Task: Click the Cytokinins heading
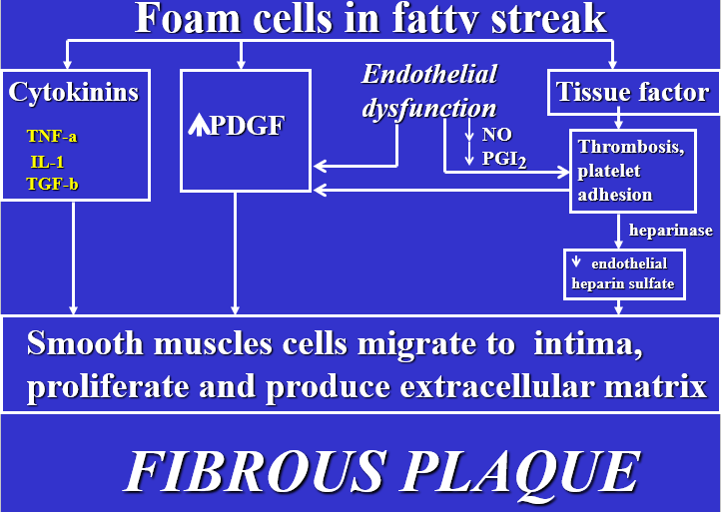(73, 93)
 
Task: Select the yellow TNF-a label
(53, 138)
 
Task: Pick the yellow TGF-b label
(52, 183)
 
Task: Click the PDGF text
(251, 129)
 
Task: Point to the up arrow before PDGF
(198, 127)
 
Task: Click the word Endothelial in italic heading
(428, 75)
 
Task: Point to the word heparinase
(670, 231)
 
